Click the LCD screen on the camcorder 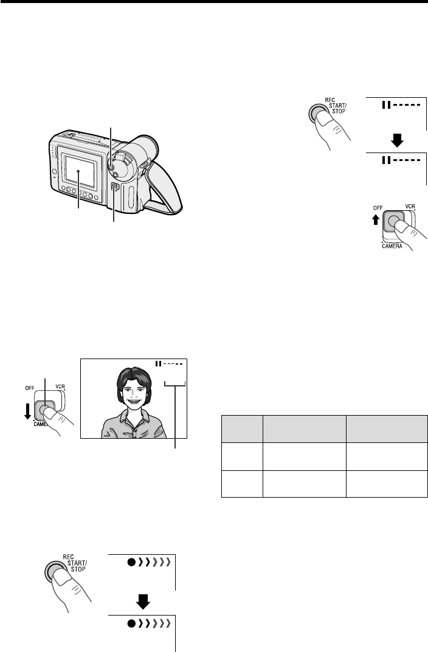click(80, 171)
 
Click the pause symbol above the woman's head click(158, 364)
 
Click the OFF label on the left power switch click(30, 388)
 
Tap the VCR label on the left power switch click(60, 386)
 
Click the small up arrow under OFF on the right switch click(376, 219)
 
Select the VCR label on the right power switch click(410, 206)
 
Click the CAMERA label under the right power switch click(392, 246)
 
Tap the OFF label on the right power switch click(378, 208)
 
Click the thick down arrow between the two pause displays click(397, 141)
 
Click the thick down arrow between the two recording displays click(143, 602)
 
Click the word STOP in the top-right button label click(339, 111)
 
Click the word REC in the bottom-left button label click(68, 557)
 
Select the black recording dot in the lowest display click(131, 623)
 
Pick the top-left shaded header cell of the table click(242, 429)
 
